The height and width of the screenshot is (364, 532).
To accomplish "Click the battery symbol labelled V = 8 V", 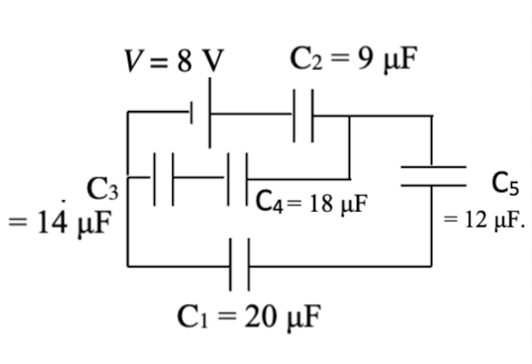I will [x=200, y=114].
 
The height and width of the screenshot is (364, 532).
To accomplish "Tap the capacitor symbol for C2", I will [x=303, y=115].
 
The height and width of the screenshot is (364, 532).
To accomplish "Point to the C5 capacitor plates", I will [x=433, y=176].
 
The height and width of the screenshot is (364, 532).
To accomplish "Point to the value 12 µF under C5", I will [x=484, y=221].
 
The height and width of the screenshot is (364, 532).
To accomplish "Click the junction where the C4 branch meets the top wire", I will [x=350, y=116].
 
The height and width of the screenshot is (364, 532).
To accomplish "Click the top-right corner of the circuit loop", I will [x=432, y=116].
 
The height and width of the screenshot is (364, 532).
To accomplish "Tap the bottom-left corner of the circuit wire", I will [x=128, y=266].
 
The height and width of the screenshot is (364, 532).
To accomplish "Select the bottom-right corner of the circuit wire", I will [x=432, y=266].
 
